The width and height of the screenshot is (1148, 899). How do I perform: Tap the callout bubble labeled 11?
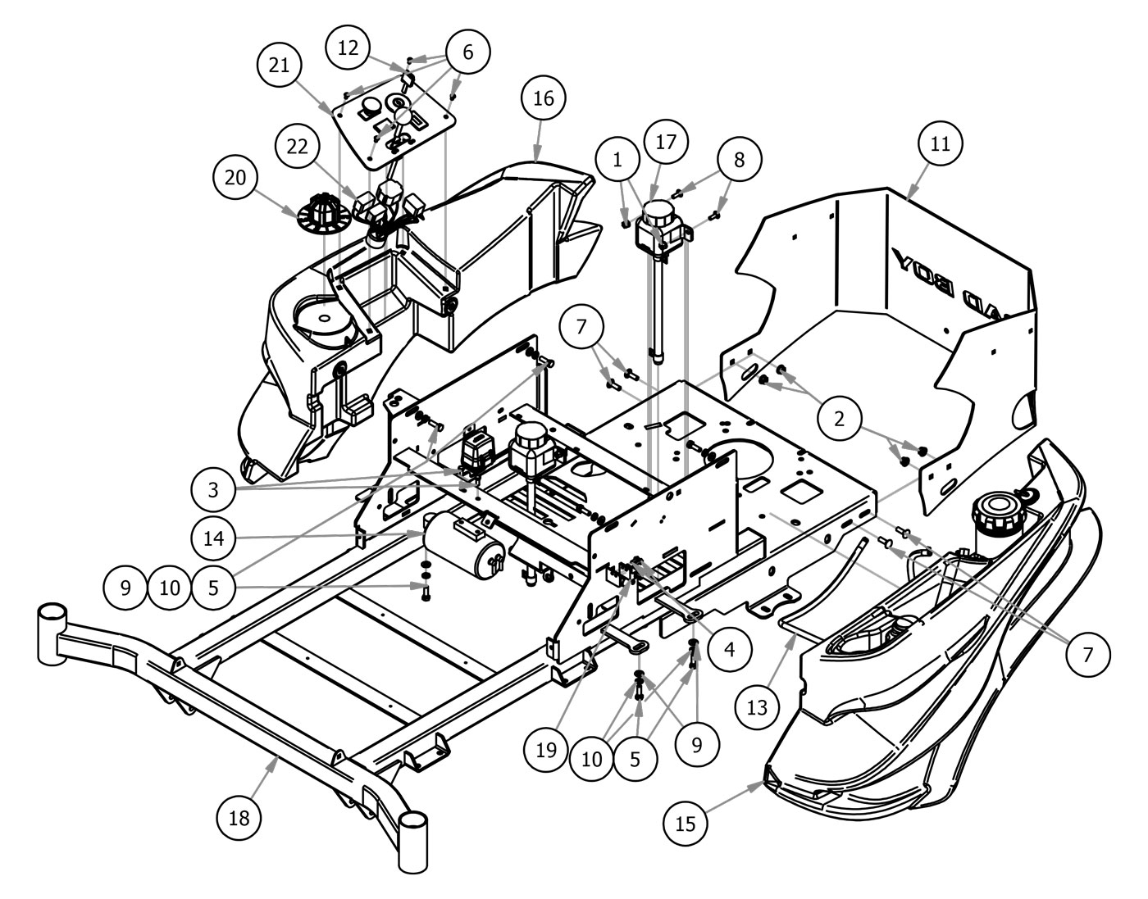pyautogui.click(x=940, y=144)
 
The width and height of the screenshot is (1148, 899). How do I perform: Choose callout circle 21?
pyautogui.click(x=280, y=65)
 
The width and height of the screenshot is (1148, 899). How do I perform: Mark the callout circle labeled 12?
pyautogui.click(x=348, y=48)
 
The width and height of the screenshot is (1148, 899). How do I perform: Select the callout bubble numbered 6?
pyautogui.click(x=467, y=52)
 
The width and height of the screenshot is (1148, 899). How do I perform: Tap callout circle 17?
pyautogui.click(x=666, y=142)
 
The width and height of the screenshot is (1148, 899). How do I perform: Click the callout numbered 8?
pyautogui.click(x=740, y=160)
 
